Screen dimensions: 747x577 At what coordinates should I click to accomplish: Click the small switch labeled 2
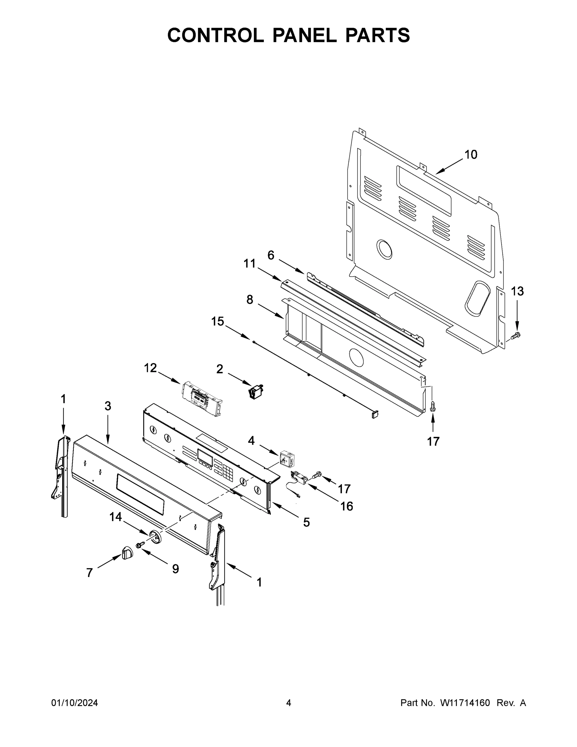tap(256, 391)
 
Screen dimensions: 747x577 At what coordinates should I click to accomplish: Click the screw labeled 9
tap(139, 545)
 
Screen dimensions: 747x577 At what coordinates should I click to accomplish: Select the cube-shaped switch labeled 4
tap(287, 458)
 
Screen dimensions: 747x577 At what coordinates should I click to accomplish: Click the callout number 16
tap(346, 506)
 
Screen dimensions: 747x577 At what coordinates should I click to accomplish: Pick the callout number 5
tap(306, 522)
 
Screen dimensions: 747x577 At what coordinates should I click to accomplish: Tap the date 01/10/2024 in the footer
tap(75, 703)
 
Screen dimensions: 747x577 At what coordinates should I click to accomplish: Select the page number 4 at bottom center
tap(289, 703)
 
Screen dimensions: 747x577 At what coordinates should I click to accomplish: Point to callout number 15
tap(217, 322)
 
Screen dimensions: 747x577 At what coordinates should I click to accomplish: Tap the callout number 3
tap(108, 406)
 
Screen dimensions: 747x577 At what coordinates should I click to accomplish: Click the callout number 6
tap(271, 255)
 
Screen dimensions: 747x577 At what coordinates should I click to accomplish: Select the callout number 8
tap(250, 300)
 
